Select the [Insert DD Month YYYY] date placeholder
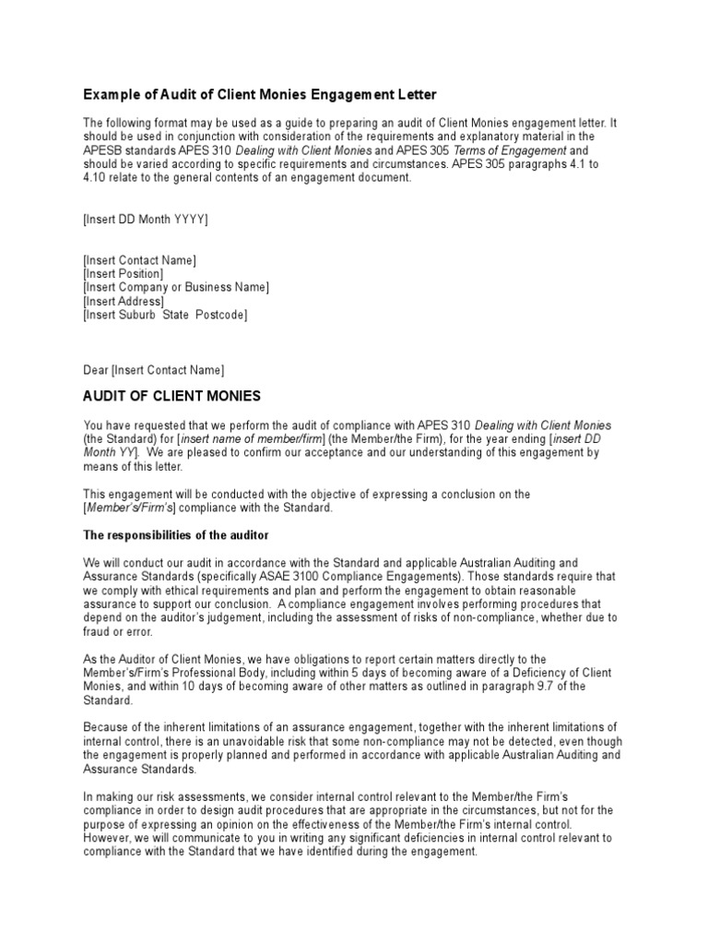click(146, 219)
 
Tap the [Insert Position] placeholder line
click(124, 274)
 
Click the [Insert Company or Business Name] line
click(176, 288)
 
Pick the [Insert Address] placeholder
click(124, 302)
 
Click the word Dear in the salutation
click(96, 370)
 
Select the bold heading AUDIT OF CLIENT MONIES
click(172, 397)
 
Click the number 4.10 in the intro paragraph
click(97, 178)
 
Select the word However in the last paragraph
click(109, 839)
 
